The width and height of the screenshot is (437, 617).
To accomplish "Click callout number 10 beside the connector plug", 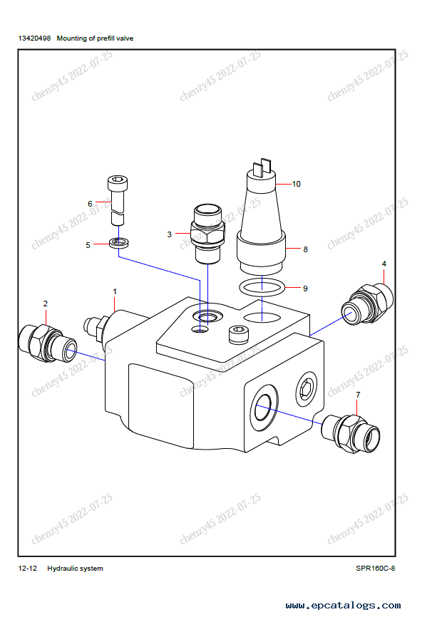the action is click(296, 184).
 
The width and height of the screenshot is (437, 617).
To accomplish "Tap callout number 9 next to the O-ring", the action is click(305, 289).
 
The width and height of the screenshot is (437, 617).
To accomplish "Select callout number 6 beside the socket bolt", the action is click(90, 204).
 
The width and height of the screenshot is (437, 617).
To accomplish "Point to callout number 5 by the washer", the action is click(88, 245).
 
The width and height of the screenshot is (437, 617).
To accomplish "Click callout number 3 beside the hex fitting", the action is click(169, 234).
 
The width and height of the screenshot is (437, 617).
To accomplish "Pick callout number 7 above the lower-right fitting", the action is click(358, 394).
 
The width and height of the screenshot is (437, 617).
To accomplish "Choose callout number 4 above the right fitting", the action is click(384, 264).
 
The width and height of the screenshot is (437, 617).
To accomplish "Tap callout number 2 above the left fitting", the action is click(46, 304).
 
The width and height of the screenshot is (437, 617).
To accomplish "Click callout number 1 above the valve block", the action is click(115, 291).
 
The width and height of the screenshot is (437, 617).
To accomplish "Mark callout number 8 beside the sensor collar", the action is click(306, 249).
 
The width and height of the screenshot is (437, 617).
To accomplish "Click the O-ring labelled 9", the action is click(262, 287).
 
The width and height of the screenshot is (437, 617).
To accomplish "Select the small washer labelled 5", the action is click(119, 242).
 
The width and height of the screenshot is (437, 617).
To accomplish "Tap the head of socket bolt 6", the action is click(118, 182).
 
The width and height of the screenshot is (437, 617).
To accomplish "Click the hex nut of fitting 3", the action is click(207, 234).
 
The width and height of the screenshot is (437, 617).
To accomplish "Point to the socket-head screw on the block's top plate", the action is click(239, 334).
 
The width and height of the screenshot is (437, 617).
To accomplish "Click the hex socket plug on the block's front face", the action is click(307, 389).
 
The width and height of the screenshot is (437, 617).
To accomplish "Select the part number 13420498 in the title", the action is click(35, 38).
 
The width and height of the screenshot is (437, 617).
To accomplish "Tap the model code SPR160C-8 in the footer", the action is click(375, 569).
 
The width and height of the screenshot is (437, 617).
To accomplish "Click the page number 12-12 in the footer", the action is click(28, 569).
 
